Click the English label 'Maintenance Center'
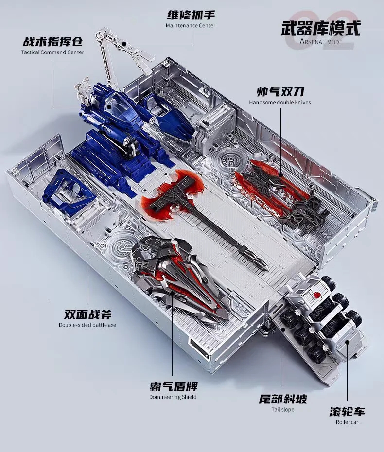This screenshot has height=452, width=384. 191,25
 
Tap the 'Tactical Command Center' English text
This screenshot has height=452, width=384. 52,52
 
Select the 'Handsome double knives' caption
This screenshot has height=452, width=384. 280,102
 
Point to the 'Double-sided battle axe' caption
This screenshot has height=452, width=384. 87,325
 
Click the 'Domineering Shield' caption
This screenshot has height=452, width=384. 173,397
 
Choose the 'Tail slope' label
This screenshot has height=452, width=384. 283,409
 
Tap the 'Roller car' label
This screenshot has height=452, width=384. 347,422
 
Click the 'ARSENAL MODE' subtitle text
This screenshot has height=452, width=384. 321,41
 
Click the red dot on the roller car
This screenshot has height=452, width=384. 317,295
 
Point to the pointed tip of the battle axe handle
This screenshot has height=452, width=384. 267,269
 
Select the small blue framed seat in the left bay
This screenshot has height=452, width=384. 65,190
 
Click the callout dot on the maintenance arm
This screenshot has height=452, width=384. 124,44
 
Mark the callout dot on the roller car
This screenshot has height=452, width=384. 348,343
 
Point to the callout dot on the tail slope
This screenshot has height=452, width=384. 283,329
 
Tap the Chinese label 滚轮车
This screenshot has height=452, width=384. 347,411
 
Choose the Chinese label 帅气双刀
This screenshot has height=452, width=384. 280,92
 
